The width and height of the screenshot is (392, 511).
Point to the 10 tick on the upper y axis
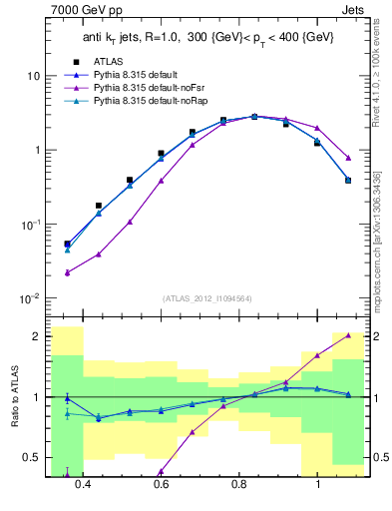[x=33, y=77]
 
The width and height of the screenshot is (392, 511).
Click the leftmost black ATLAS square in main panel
[x=67, y=244]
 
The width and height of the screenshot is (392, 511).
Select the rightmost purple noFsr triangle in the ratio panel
[x=348, y=335]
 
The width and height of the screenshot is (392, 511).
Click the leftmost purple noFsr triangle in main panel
[x=67, y=272]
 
